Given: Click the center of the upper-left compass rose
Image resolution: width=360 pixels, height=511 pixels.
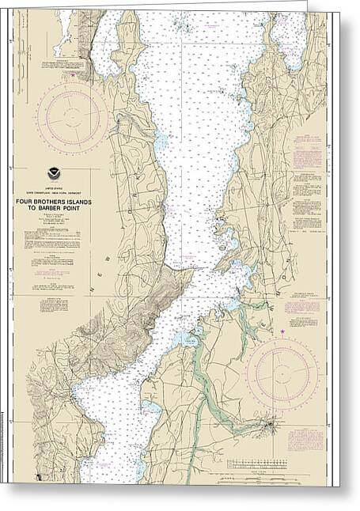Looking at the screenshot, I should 72,117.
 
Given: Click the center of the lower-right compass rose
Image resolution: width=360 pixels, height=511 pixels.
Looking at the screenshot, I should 282,371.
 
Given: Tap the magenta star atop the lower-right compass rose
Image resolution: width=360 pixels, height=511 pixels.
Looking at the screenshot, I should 282,330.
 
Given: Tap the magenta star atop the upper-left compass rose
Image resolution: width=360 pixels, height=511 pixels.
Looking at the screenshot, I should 72,75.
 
